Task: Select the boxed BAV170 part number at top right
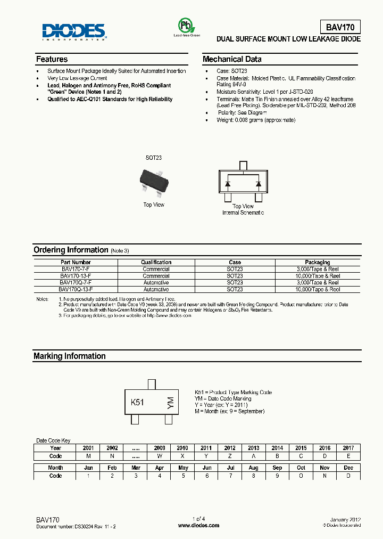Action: (340, 27)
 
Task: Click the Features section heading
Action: (52, 59)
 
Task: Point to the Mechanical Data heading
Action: (232, 59)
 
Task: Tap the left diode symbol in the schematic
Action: (228, 184)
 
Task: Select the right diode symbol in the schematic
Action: (259, 184)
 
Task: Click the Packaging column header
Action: (318, 262)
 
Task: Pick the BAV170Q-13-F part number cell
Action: (76, 289)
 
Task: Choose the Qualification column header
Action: (156, 262)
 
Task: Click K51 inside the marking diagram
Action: (138, 403)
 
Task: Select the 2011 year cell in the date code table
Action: (206, 448)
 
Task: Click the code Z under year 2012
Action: (230, 455)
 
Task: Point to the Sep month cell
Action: (277, 468)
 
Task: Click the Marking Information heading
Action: (69, 356)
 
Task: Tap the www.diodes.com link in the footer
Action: (198, 525)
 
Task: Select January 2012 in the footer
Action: (346, 519)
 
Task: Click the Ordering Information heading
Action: (71, 250)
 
